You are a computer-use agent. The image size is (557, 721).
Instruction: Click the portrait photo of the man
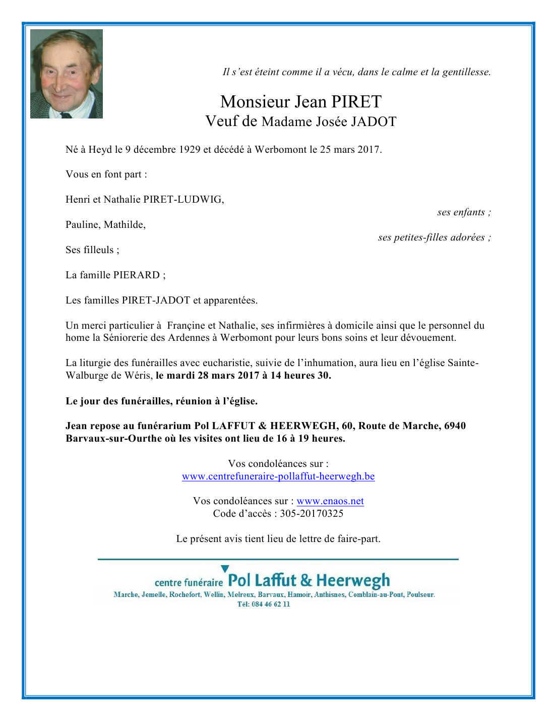coord(67,74)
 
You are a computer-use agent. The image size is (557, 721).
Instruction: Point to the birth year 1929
coord(190,149)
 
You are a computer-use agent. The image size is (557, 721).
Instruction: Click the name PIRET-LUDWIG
coord(183,199)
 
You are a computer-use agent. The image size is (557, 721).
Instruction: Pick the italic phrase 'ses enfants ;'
coord(464,212)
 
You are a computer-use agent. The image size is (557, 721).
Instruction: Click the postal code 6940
coord(455,426)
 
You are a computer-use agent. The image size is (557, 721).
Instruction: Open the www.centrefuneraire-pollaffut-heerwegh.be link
coord(278,476)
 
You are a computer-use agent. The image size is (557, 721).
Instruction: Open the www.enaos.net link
coord(330,501)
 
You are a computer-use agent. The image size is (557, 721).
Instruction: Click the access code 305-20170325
coord(312,514)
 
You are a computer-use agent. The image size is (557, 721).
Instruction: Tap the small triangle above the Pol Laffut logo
coord(225,569)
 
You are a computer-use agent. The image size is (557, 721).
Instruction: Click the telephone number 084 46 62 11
coord(271,604)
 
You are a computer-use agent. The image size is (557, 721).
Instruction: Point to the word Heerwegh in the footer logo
coord(353,581)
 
